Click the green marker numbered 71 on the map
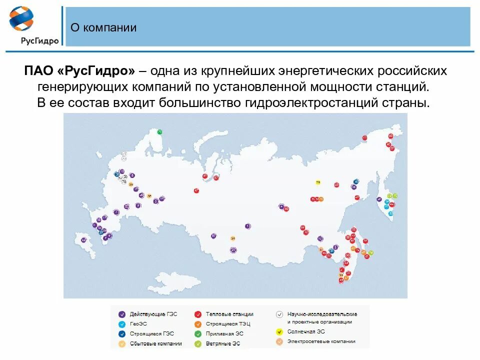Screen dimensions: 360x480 click(x=160, y=132)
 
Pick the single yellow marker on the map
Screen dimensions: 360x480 click(x=317, y=182)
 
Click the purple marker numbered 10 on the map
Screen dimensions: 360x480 click(x=121, y=171)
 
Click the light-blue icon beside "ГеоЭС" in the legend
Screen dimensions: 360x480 click(x=121, y=324)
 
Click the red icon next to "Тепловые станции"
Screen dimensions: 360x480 click(x=198, y=314)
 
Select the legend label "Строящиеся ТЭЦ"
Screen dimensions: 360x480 click(x=227, y=324)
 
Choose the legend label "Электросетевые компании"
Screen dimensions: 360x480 click(x=321, y=341)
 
